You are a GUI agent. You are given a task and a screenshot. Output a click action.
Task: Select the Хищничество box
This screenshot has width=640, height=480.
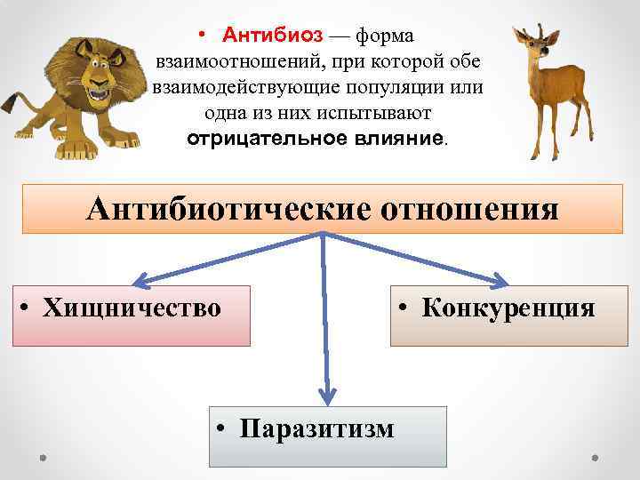click(x=132, y=315)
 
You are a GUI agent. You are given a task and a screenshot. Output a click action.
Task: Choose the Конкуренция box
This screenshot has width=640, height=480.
click(x=508, y=315)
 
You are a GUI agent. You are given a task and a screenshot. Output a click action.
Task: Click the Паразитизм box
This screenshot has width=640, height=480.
click(x=327, y=436)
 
